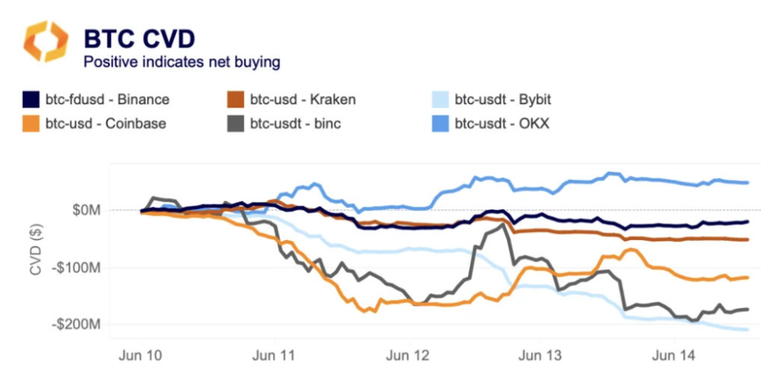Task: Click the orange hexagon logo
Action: point(45,41)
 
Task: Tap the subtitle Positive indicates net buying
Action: point(182,61)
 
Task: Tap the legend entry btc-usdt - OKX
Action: point(502,123)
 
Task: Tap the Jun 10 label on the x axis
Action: point(140,356)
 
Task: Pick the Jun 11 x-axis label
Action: point(274,356)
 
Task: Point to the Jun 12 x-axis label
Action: point(407,356)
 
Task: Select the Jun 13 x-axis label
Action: point(541,356)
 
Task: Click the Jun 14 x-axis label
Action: point(674,356)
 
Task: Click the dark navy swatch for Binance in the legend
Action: point(31,100)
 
